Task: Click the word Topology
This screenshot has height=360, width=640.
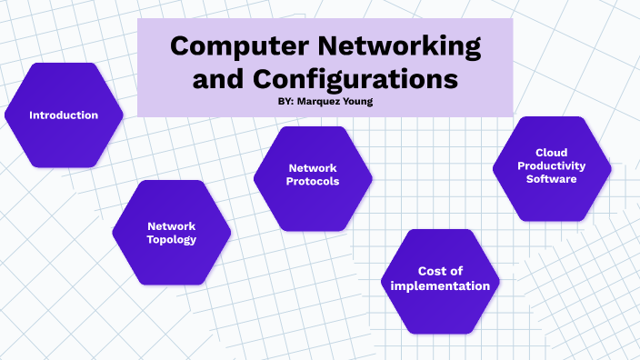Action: coord(172,240)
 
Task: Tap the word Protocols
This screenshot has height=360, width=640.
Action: coord(313,182)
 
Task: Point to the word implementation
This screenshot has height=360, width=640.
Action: coord(440,285)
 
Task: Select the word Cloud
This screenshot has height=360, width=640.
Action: coord(552,153)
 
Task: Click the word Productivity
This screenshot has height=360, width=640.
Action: coord(552,165)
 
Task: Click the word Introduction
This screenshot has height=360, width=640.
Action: coord(64,115)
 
